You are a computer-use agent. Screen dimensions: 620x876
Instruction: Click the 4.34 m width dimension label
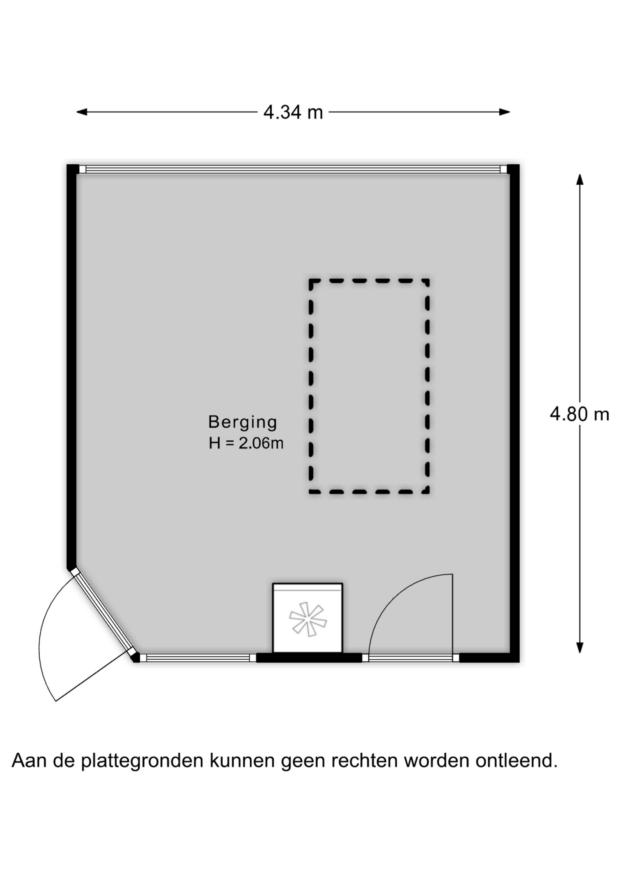tap(293, 112)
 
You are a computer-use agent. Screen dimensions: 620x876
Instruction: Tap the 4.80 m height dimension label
tap(579, 414)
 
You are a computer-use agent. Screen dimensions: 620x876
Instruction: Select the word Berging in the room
tap(242, 422)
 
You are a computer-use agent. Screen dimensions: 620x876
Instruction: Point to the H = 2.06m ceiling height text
tap(246, 443)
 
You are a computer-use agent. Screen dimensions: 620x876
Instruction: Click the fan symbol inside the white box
tap(308, 619)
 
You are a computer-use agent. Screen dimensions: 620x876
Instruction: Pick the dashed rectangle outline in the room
tap(311, 386)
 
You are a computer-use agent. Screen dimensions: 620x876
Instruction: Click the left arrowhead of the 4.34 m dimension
tap(82, 112)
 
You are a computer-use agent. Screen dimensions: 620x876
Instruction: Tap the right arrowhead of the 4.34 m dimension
tap(504, 112)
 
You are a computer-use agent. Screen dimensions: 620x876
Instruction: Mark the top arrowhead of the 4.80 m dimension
tap(580, 179)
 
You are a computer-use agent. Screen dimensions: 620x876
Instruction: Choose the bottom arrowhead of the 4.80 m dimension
tap(580, 648)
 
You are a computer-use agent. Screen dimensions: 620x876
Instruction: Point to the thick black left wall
tap(72, 367)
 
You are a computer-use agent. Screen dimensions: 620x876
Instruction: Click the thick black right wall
tap(514, 413)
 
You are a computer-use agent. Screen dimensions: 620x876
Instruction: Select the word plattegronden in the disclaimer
tap(142, 761)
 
